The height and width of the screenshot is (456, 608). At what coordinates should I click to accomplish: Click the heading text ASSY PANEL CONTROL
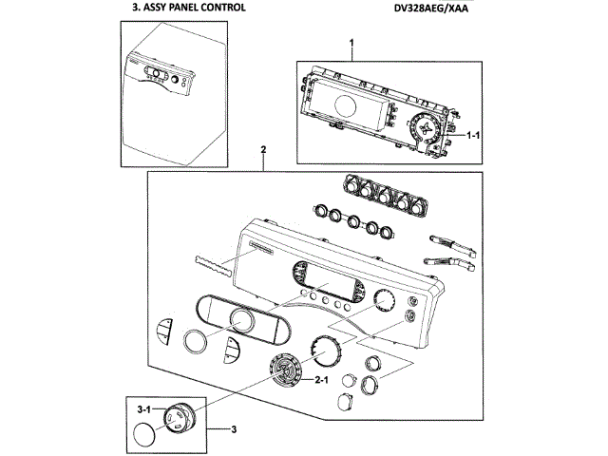click(x=195, y=8)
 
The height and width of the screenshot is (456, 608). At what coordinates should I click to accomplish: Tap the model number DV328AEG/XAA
click(x=431, y=9)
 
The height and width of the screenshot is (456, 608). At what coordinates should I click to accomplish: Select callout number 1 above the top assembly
click(x=351, y=42)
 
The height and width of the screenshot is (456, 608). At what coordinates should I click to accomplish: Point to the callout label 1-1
click(x=473, y=135)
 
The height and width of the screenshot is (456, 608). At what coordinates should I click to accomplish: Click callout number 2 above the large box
click(x=264, y=149)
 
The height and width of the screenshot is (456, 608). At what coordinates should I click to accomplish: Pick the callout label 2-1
click(x=321, y=380)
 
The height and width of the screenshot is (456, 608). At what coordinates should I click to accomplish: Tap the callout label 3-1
click(x=143, y=408)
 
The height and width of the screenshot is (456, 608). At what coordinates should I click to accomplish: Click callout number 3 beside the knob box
click(x=234, y=429)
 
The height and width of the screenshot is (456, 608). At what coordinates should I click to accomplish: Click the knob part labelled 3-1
click(x=180, y=418)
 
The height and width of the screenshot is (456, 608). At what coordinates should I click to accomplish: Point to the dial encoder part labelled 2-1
click(x=285, y=370)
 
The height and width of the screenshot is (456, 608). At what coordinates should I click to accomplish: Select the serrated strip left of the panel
click(x=212, y=266)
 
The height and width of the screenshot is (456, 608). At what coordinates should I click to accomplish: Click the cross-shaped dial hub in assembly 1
click(x=426, y=129)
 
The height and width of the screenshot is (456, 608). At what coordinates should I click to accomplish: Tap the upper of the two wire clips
click(x=452, y=245)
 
